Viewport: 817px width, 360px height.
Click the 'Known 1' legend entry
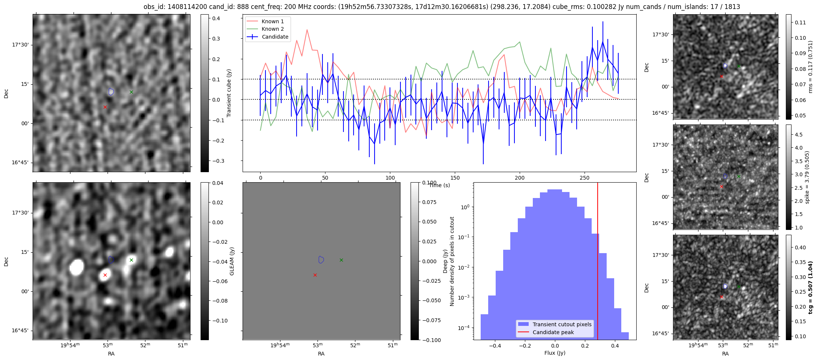pyautogui.click(x=272, y=21)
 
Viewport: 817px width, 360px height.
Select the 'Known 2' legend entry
pyautogui.click(x=272, y=29)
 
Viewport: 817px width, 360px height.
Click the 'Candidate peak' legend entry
pyautogui.click(x=553, y=332)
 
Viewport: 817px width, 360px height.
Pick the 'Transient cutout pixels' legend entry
pyautogui.click(x=562, y=324)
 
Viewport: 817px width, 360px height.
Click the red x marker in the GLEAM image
pyautogui.click(x=105, y=275)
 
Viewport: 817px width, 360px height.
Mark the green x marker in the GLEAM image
pyautogui.click(x=131, y=260)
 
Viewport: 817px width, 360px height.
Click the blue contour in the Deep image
pyautogui.click(x=321, y=259)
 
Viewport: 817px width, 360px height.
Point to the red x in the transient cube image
pyautogui.click(x=105, y=107)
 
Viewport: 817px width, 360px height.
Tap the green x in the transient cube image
pyautogui.click(x=131, y=92)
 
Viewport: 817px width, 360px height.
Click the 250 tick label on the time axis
pyautogui.click(x=585, y=178)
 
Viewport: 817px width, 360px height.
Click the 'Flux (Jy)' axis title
pyautogui.click(x=555, y=353)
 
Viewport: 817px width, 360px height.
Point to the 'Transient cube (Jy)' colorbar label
pyautogui.click(x=229, y=93)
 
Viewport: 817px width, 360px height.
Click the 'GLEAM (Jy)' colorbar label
pyautogui.click(x=232, y=261)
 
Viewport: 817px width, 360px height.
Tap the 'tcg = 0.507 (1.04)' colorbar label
pyautogui.click(x=811, y=287)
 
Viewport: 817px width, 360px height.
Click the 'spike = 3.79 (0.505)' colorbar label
pyautogui.click(x=807, y=177)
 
